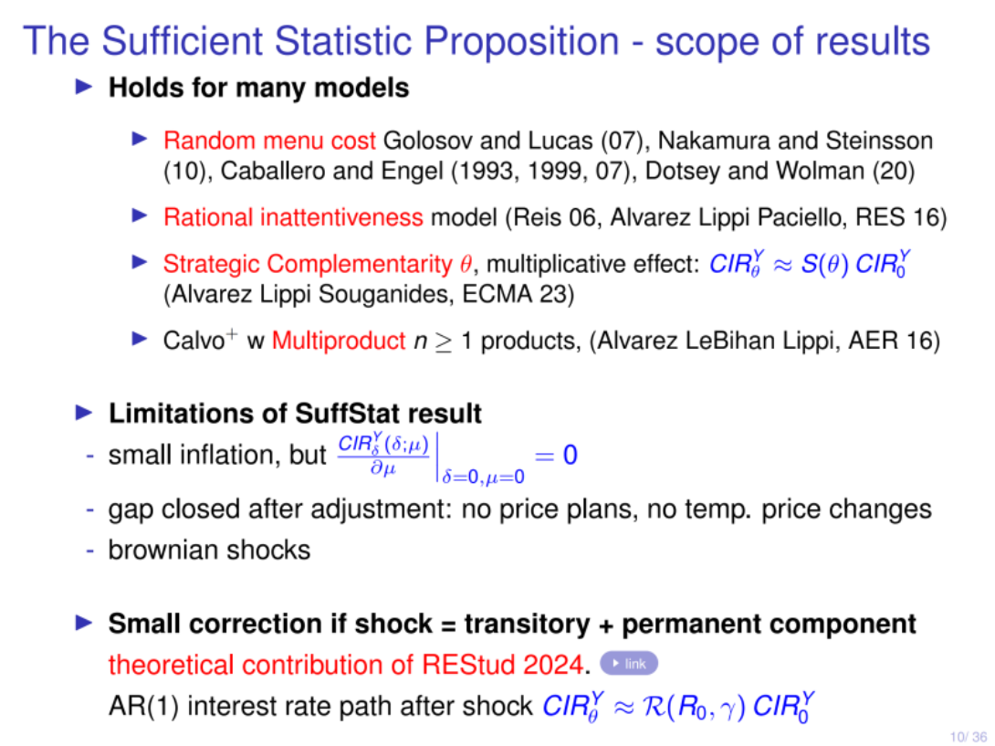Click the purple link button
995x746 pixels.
pos(629,664)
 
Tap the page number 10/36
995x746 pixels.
pos(968,737)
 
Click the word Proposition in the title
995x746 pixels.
pos(521,41)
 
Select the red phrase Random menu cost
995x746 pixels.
pos(269,141)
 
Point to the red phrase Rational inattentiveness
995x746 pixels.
pos(293,217)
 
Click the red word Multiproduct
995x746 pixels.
pos(339,341)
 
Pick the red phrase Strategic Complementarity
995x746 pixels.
pos(308,264)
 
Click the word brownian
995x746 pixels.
pos(163,550)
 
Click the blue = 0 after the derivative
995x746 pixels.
pos(556,456)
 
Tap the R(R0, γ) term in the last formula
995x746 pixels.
pos(694,707)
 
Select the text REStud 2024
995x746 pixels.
pos(502,665)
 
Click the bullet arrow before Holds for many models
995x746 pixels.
pos(84,87)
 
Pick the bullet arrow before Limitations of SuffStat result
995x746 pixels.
pos(84,413)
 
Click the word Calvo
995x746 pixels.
pos(193,341)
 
